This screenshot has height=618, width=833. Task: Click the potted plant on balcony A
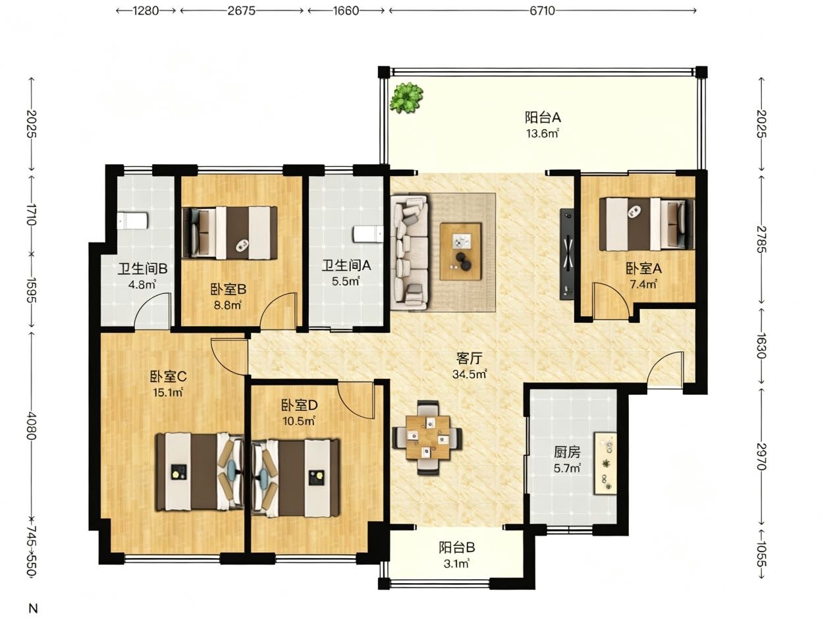406,98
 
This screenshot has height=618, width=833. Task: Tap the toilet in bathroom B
132,221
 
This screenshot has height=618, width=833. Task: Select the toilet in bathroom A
368,235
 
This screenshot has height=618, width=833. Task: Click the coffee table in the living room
461,252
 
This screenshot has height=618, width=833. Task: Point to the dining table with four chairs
427,437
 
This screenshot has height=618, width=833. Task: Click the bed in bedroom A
647,225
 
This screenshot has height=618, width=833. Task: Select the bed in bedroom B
230,233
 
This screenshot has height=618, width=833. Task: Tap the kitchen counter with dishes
605,463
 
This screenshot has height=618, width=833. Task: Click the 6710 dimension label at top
542,11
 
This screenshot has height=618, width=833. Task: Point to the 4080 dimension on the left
32,426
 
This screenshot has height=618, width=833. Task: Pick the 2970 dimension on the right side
761,457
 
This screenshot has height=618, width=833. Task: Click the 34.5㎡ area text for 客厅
470,374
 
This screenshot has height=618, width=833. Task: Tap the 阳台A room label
543,118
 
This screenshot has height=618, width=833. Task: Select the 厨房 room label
567,452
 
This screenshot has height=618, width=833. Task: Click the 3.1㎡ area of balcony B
456,564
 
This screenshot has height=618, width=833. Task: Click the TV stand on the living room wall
567,254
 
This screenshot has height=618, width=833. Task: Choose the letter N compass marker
33,608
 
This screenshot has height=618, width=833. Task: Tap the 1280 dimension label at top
146,11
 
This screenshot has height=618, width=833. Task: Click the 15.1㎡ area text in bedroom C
168,393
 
